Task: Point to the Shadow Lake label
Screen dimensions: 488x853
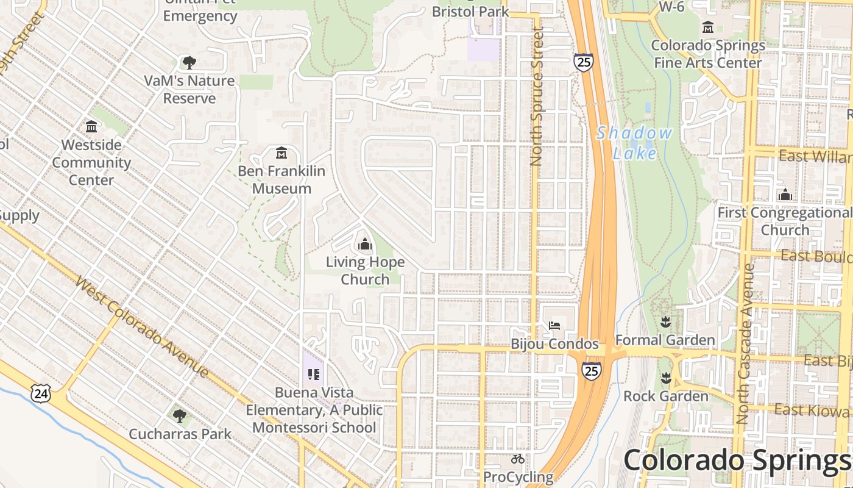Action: pos(634,143)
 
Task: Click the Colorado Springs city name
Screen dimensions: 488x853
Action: pos(737,461)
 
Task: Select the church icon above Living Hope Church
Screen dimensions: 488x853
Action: pos(365,245)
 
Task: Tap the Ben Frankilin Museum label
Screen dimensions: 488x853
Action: pos(281,180)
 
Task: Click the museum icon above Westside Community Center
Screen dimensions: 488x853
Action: pos(91,127)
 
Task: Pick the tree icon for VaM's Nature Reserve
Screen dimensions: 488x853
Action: pos(189,62)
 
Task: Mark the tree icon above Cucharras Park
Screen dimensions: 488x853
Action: pos(179,416)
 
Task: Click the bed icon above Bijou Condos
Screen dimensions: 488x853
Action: pos(554,325)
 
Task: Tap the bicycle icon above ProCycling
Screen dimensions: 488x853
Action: pos(518,459)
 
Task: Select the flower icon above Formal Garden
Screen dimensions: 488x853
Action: pos(665,321)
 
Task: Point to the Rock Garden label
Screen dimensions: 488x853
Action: pos(666,396)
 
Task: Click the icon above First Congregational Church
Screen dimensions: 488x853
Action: pos(785,195)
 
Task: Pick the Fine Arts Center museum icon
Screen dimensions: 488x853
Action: pos(707,27)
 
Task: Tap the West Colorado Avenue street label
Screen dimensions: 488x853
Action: pos(143,326)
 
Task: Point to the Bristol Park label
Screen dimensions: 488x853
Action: pos(470,11)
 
